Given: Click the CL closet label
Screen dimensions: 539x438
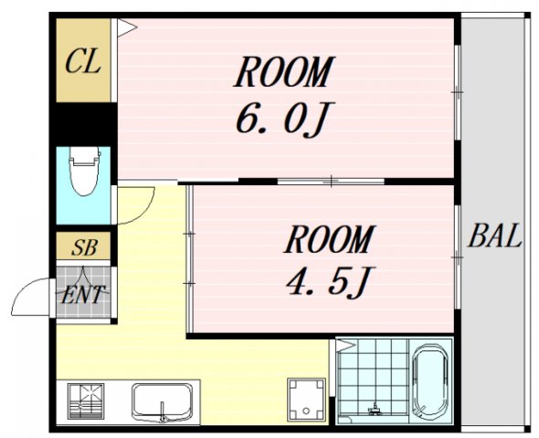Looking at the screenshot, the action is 83,61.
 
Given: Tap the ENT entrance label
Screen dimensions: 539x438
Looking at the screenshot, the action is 82,294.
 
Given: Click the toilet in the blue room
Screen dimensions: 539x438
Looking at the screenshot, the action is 85,172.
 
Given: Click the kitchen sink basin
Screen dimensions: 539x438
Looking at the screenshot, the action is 162,401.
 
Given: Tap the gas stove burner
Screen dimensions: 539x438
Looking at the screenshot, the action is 86,401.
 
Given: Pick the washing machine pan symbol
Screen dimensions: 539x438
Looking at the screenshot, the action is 306,400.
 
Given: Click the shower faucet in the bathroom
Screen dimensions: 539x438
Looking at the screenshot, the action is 375,408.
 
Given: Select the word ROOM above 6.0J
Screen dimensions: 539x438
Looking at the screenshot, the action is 283,71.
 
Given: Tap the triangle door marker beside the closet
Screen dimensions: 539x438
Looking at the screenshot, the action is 126,27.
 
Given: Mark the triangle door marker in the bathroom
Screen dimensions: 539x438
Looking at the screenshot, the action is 346,345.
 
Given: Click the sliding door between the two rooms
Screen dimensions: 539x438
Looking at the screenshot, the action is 331,181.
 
